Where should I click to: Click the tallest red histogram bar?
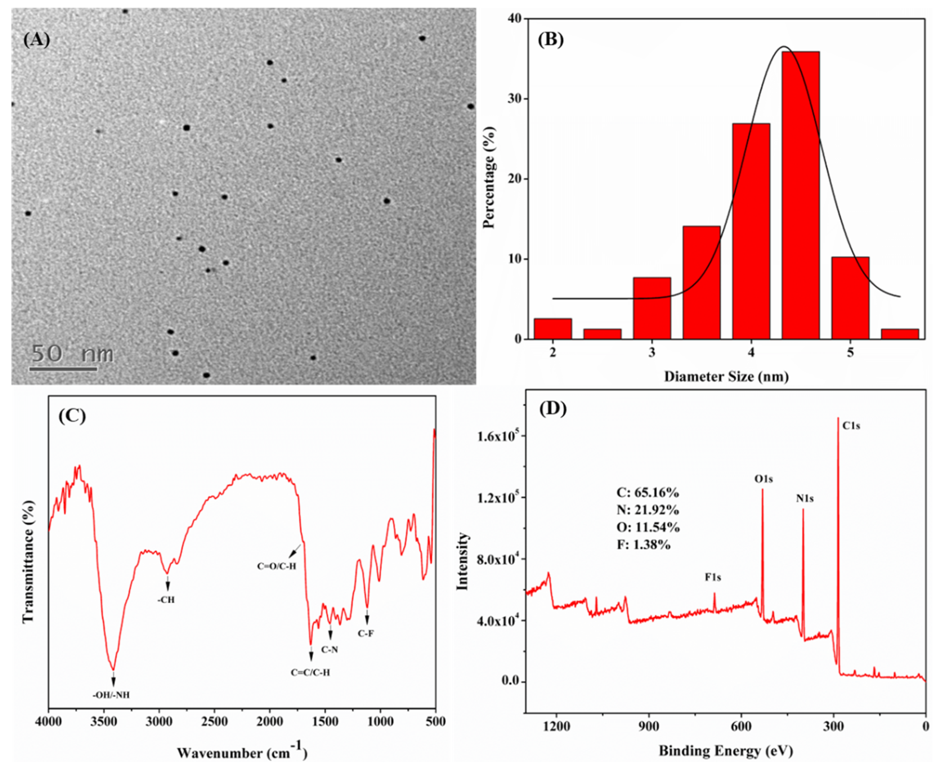tap(800, 195)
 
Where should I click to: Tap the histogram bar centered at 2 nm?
tap(553, 329)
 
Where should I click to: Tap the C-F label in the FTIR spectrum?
tap(366, 633)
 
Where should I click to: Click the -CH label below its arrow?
tap(166, 600)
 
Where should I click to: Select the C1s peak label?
tap(851, 426)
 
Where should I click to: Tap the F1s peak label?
tap(713, 577)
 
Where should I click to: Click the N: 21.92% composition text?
tap(648, 510)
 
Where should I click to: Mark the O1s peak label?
tap(764, 479)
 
